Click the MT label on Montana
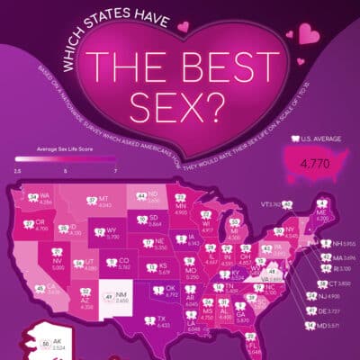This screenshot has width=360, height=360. click(x=103, y=201)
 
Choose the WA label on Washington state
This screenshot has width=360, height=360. click(x=44, y=194)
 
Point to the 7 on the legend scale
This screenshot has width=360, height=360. click(x=115, y=168)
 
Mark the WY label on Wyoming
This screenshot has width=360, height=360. click(x=112, y=230)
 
